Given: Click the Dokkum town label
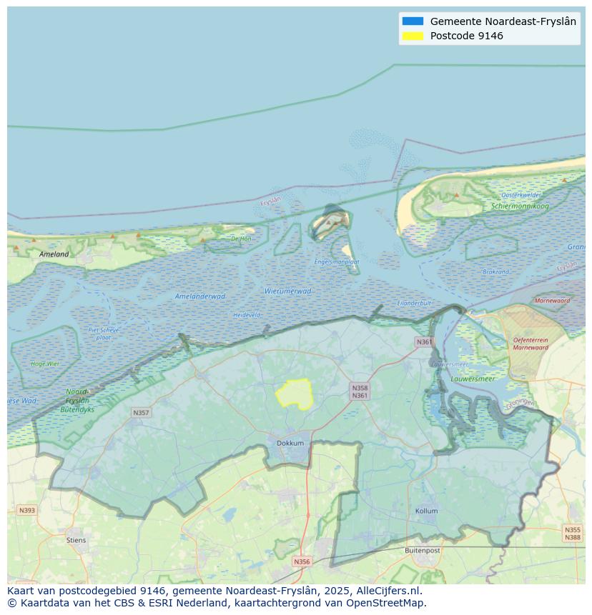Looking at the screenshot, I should pos(290,443).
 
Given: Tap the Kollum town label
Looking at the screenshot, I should pos(427,511).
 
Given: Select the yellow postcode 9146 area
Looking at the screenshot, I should pos(295,394).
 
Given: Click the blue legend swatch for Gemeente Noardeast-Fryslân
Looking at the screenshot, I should pos(413,21).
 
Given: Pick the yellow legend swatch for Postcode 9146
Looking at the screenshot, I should pos(413,36).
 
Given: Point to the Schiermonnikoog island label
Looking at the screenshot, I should pos(520,206).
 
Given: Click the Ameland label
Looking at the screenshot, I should pos(54,254).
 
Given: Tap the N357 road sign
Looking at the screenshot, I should pos(141,413).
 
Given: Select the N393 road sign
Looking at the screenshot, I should pos(26,510).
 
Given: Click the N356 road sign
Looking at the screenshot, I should pos(302,561).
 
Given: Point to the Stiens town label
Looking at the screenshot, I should pos(76,540).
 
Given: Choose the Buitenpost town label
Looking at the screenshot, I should pos(422,551).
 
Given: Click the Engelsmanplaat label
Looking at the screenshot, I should pos(337,262).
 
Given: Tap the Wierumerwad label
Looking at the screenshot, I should pos(287,291).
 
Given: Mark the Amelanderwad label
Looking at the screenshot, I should pos(200,296).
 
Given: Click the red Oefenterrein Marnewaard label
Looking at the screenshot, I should pos(531,344).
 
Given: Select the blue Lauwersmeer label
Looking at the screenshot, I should pos(473,379).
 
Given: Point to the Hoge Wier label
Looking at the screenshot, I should pos(45,364).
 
